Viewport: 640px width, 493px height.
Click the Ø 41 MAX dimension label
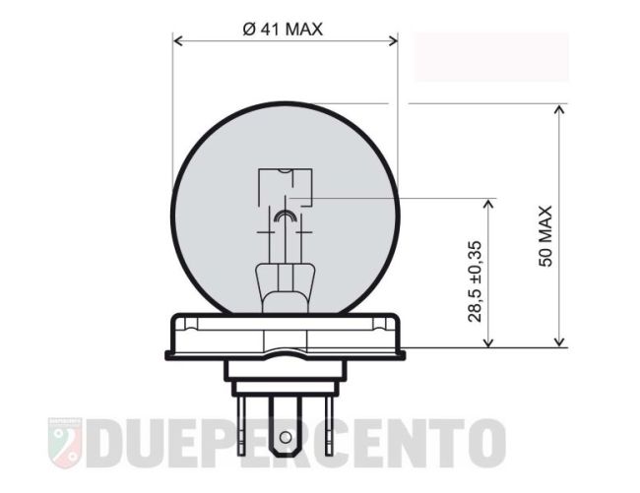tap(283, 29)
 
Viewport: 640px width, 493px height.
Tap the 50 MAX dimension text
tap(545, 236)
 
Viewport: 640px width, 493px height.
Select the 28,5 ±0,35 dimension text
tap(475, 281)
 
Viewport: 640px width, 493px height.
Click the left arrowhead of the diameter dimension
tap(178, 40)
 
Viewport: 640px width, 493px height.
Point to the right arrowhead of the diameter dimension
tap(393, 40)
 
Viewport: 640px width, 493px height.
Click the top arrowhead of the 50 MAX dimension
tap(560, 109)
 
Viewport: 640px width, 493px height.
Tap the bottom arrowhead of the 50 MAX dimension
tap(560, 342)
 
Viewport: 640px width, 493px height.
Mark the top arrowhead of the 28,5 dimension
tap(488, 203)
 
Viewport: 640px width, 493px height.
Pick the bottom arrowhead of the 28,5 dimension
tap(488, 342)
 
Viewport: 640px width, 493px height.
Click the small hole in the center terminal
tap(286, 438)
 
